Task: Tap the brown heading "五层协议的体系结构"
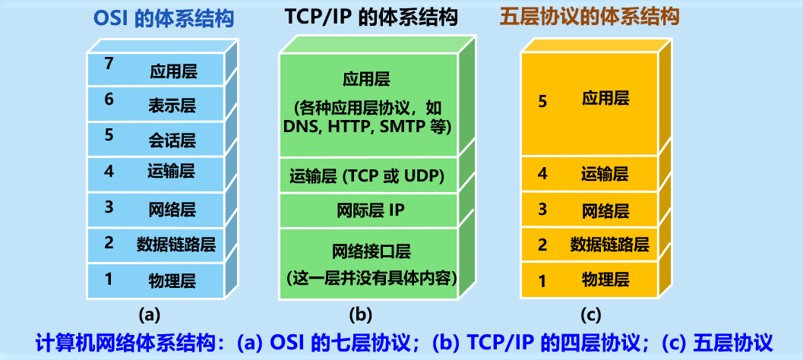(589, 16)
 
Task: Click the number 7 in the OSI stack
(109, 65)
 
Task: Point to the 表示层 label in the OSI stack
(172, 106)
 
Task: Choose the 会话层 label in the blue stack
(172, 140)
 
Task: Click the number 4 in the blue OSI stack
(109, 171)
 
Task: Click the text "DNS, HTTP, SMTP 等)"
(368, 126)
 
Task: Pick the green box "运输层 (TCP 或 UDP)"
(367, 177)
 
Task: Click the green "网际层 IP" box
(367, 210)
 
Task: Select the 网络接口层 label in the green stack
(367, 250)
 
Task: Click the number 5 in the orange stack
(542, 100)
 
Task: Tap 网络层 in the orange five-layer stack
(605, 210)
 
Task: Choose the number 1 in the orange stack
(542, 281)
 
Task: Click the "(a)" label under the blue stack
(149, 314)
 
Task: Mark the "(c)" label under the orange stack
(590, 314)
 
